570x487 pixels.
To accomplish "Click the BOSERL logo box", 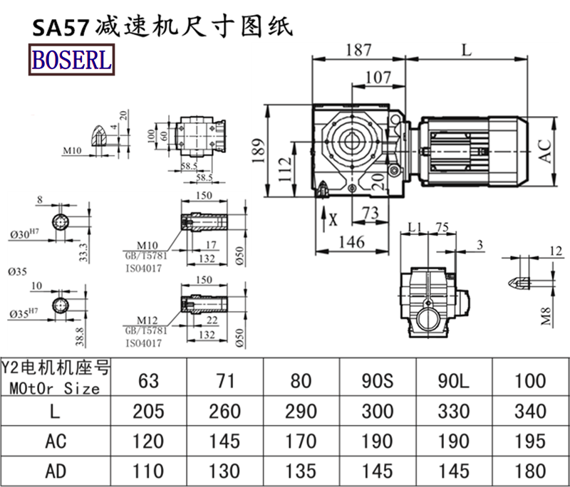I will (71, 59).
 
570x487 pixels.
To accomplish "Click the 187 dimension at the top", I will (358, 51).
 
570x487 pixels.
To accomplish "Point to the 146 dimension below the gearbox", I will (351, 242).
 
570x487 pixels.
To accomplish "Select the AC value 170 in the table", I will (302, 441).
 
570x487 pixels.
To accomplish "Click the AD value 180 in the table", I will (529, 471).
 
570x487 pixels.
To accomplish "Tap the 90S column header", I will (376, 380).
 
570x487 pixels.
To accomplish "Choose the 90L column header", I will (453, 380).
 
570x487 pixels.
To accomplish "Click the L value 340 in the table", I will (529, 411).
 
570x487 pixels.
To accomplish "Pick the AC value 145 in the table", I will (225, 441).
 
